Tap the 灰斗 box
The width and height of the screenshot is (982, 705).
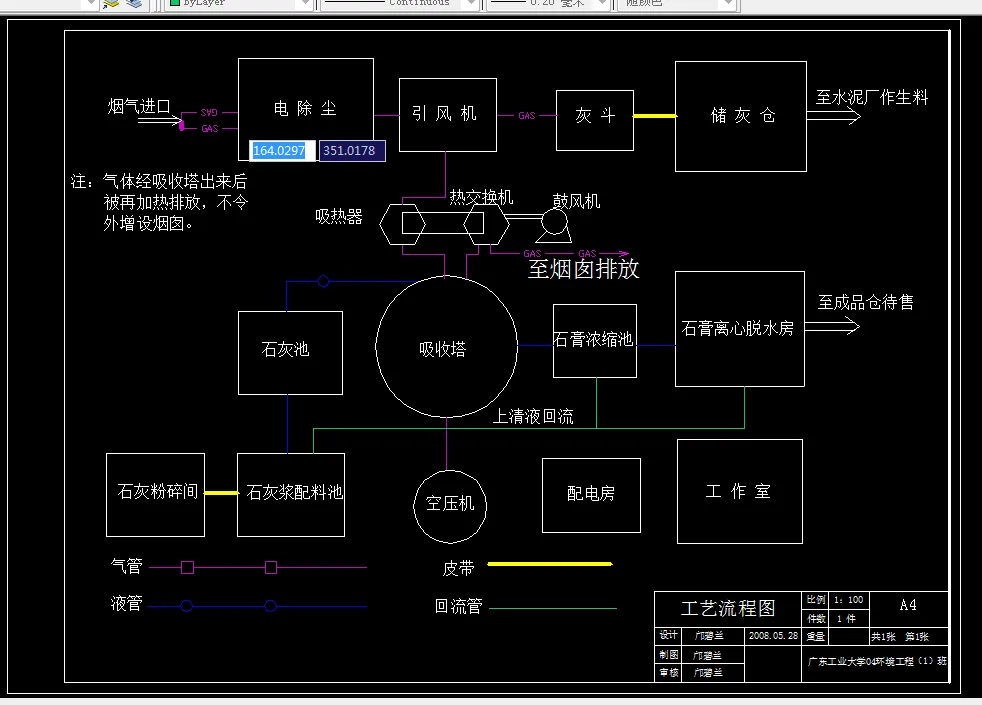coord(595,116)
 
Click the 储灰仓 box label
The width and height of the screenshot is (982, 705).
coord(743,116)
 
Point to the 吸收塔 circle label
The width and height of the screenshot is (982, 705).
coord(442,349)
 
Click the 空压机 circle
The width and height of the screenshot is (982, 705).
coord(450,504)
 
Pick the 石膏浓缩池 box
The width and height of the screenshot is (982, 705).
coord(594,340)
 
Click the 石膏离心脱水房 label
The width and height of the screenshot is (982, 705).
coord(738,328)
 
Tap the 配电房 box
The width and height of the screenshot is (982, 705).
coord(591,494)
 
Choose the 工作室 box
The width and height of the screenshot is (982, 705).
coord(738,492)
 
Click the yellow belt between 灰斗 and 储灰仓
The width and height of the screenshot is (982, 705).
coord(654,116)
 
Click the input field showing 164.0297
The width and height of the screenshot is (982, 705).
coord(283,150)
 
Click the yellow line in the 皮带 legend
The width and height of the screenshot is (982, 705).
coord(549,564)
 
